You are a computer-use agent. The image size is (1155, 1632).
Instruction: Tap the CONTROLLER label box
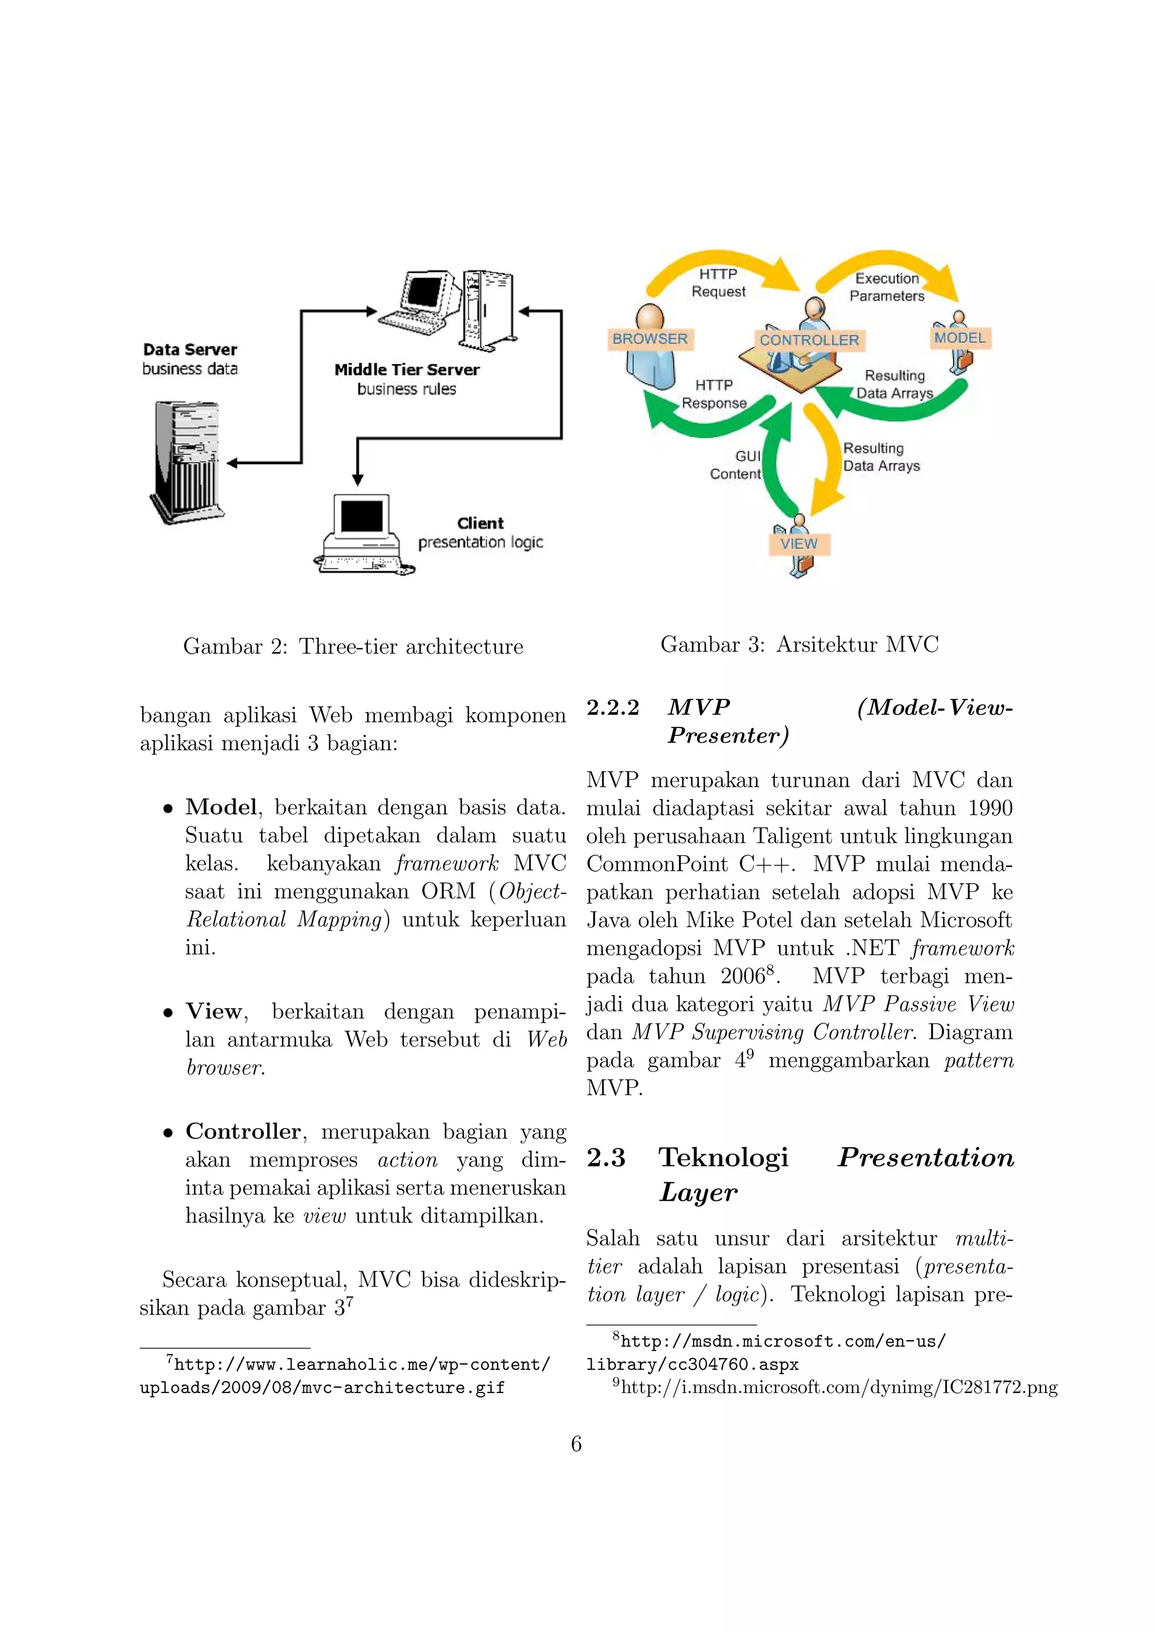tap(809, 340)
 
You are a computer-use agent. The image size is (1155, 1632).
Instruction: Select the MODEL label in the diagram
tap(960, 338)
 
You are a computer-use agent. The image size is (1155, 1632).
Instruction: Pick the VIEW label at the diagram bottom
tap(799, 544)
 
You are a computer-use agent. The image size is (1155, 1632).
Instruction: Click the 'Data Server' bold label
tap(190, 350)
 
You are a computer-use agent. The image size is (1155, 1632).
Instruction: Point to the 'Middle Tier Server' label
tap(407, 370)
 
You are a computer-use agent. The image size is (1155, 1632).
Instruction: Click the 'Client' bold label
tap(480, 523)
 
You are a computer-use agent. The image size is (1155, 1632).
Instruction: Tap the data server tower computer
tap(186, 462)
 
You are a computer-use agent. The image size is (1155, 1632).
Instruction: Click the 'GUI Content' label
tap(737, 465)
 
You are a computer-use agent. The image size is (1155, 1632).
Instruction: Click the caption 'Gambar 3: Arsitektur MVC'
tap(799, 644)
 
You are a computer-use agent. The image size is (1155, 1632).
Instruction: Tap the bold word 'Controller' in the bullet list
tap(243, 1131)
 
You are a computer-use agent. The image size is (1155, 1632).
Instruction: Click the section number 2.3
tap(605, 1158)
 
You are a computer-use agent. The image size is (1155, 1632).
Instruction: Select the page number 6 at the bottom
tap(576, 1444)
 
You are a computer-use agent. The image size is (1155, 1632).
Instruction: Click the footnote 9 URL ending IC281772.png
tap(839, 1387)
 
